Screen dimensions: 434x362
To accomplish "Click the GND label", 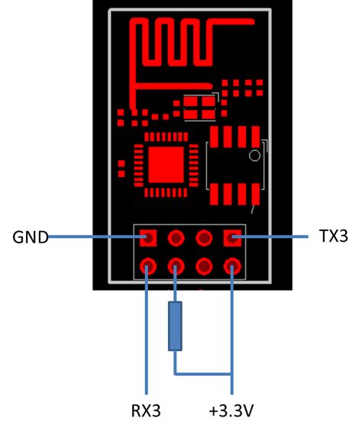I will [30, 237].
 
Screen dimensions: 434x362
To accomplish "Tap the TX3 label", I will [333, 236].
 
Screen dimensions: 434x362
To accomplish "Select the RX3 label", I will [145, 411].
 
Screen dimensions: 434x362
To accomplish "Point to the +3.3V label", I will [231, 411].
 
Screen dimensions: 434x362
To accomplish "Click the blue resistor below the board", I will [176, 326].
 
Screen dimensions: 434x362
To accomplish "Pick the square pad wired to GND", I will [148, 238].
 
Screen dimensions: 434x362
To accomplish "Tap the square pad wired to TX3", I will [232, 239].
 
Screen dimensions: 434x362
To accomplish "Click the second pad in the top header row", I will [176, 238].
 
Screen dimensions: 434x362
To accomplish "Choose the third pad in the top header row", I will [204, 238].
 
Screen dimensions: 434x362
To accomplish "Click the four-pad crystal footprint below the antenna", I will [202, 105].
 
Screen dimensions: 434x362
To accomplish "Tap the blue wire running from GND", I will [92, 237].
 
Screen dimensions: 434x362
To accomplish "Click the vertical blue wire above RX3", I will [145, 336].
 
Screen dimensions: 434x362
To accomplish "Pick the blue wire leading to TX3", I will [275, 237].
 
